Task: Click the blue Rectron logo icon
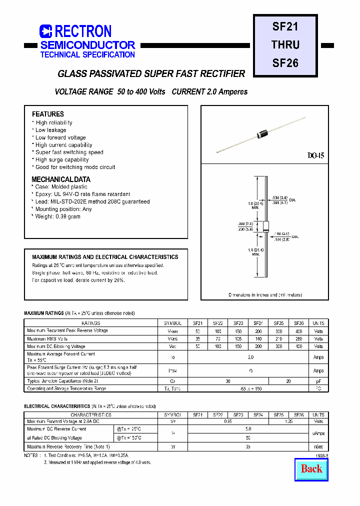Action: [x=46, y=31]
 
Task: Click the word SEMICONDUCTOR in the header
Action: [x=87, y=45]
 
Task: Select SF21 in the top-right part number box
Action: [x=285, y=27]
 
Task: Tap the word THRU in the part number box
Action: [x=285, y=45]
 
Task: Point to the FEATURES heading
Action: [x=48, y=114]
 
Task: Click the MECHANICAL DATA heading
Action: [x=61, y=179]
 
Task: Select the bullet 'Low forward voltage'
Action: [x=60, y=137]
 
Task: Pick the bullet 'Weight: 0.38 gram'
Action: [x=57, y=216]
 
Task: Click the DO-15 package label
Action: [x=316, y=156]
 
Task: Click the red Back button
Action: [x=311, y=468]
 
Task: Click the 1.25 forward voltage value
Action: [x=289, y=422]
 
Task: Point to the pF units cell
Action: [x=318, y=381]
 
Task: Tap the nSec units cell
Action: [x=318, y=446]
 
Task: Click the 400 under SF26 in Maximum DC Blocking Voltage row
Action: [x=299, y=346]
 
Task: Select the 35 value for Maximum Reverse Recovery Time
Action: [x=248, y=446]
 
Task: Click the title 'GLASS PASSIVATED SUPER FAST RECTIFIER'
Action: [x=151, y=74]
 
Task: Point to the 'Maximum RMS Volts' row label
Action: [x=47, y=338]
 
